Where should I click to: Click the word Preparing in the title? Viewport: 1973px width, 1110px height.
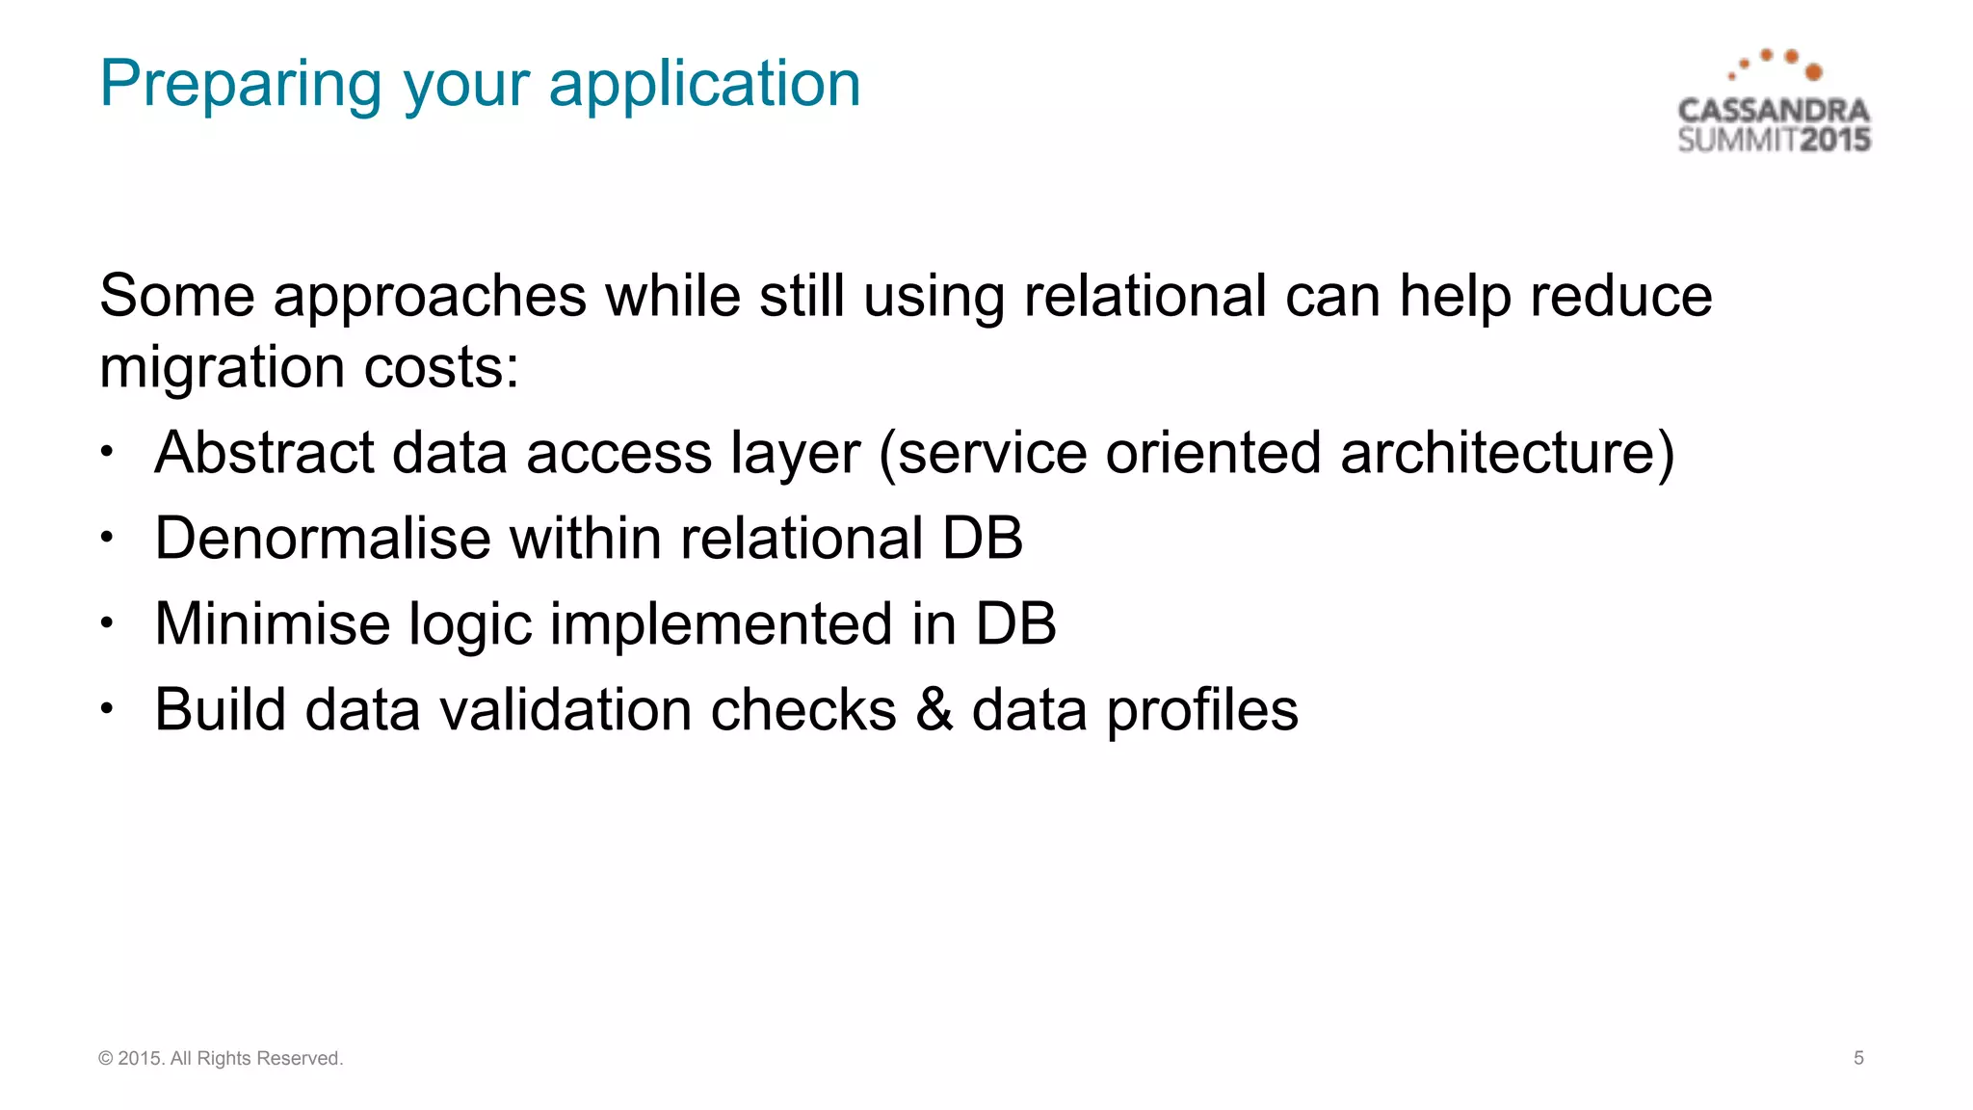[242, 85]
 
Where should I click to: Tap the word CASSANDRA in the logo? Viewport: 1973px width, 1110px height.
[1773, 111]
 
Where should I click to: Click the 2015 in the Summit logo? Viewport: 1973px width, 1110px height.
[1835, 140]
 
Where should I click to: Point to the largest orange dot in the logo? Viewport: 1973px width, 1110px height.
[1813, 72]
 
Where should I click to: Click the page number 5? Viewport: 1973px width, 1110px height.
[1858, 1058]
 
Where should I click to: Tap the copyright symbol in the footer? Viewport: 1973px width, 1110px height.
[105, 1059]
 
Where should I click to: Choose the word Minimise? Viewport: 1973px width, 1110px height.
[272, 623]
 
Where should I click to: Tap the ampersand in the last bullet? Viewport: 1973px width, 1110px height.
[934, 710]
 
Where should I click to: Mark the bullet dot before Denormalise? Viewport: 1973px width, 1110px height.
[107, 538]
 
